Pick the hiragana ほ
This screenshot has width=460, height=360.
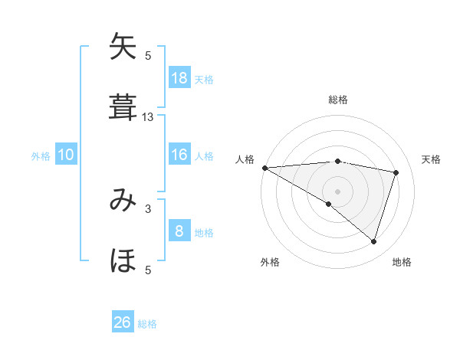click(123, 260)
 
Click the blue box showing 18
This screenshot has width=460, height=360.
click(179, 77)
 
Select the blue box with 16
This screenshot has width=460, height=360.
click(179, 155)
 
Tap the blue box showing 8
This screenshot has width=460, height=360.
click(179, 231)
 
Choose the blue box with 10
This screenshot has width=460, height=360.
click(66, 155)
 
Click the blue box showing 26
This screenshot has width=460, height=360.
click(123, 322)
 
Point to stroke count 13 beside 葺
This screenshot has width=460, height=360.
click(148, 116)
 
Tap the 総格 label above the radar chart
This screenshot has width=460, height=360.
click(338, 100)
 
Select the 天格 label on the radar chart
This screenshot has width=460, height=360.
click(432, 159)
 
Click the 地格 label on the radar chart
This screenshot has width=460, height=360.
click(402, 262)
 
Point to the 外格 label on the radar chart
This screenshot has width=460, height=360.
click(270, 262)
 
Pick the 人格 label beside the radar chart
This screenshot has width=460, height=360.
click(244, 159)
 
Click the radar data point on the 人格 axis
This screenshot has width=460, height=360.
click(264, 168)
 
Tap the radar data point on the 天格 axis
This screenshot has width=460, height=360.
click(396, 172)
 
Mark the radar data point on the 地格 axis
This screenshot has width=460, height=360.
click(373, 241)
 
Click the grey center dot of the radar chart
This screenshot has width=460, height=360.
click(337, 191)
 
